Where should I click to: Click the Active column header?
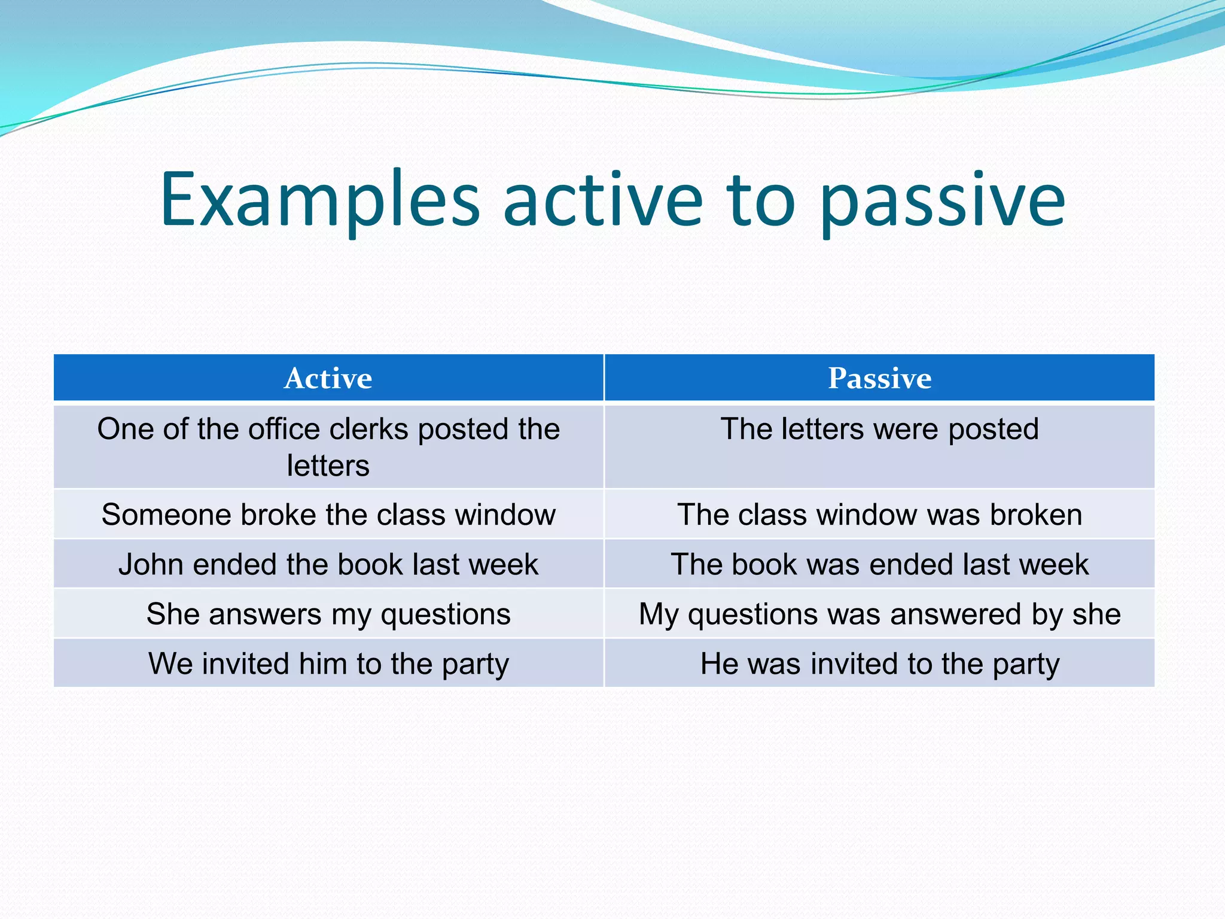(328, 378)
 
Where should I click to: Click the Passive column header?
(879, 378)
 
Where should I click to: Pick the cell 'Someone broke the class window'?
(328, 515)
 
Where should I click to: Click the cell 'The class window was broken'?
(879, 515)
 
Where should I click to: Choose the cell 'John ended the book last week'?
(328, 564)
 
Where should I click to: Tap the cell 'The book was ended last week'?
(879, 564)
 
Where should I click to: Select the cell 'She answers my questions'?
(328, 614)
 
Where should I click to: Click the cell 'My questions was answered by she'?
(879, 614)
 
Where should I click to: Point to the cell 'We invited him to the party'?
(328, 664)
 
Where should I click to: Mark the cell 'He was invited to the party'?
(879, 664)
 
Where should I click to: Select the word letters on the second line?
(328, 465)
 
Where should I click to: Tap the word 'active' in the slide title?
(603, 200)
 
